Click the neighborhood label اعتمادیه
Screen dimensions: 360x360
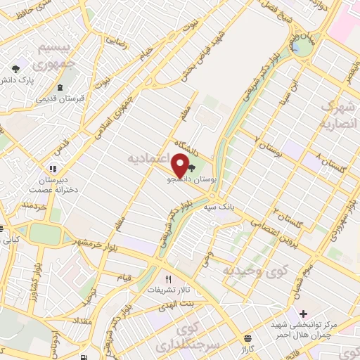tap(151, 155)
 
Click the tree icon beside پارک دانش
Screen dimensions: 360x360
tap(15, 69)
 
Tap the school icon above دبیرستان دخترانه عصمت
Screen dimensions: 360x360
tap(52, 169)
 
